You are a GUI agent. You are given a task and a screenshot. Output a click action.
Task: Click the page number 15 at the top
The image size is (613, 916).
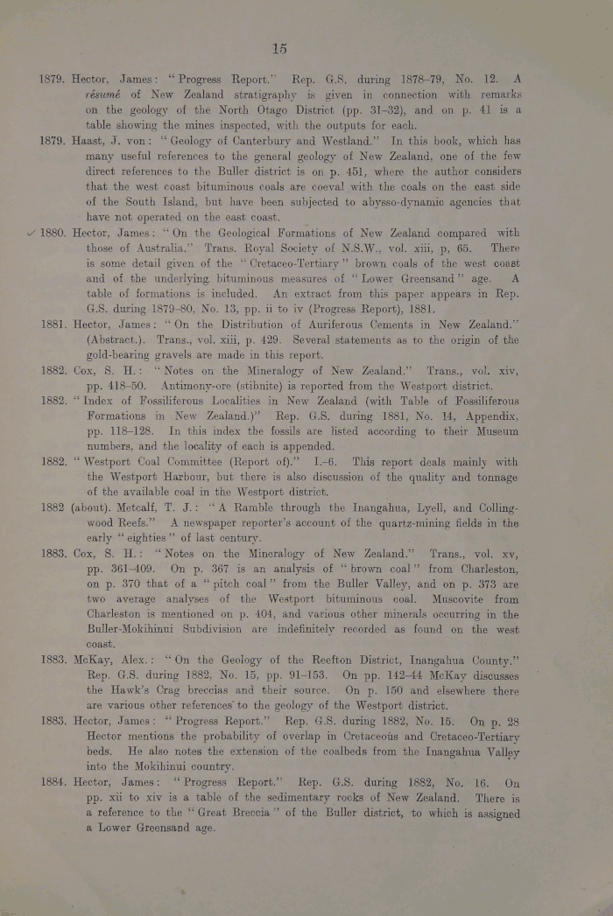coord(279,48)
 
